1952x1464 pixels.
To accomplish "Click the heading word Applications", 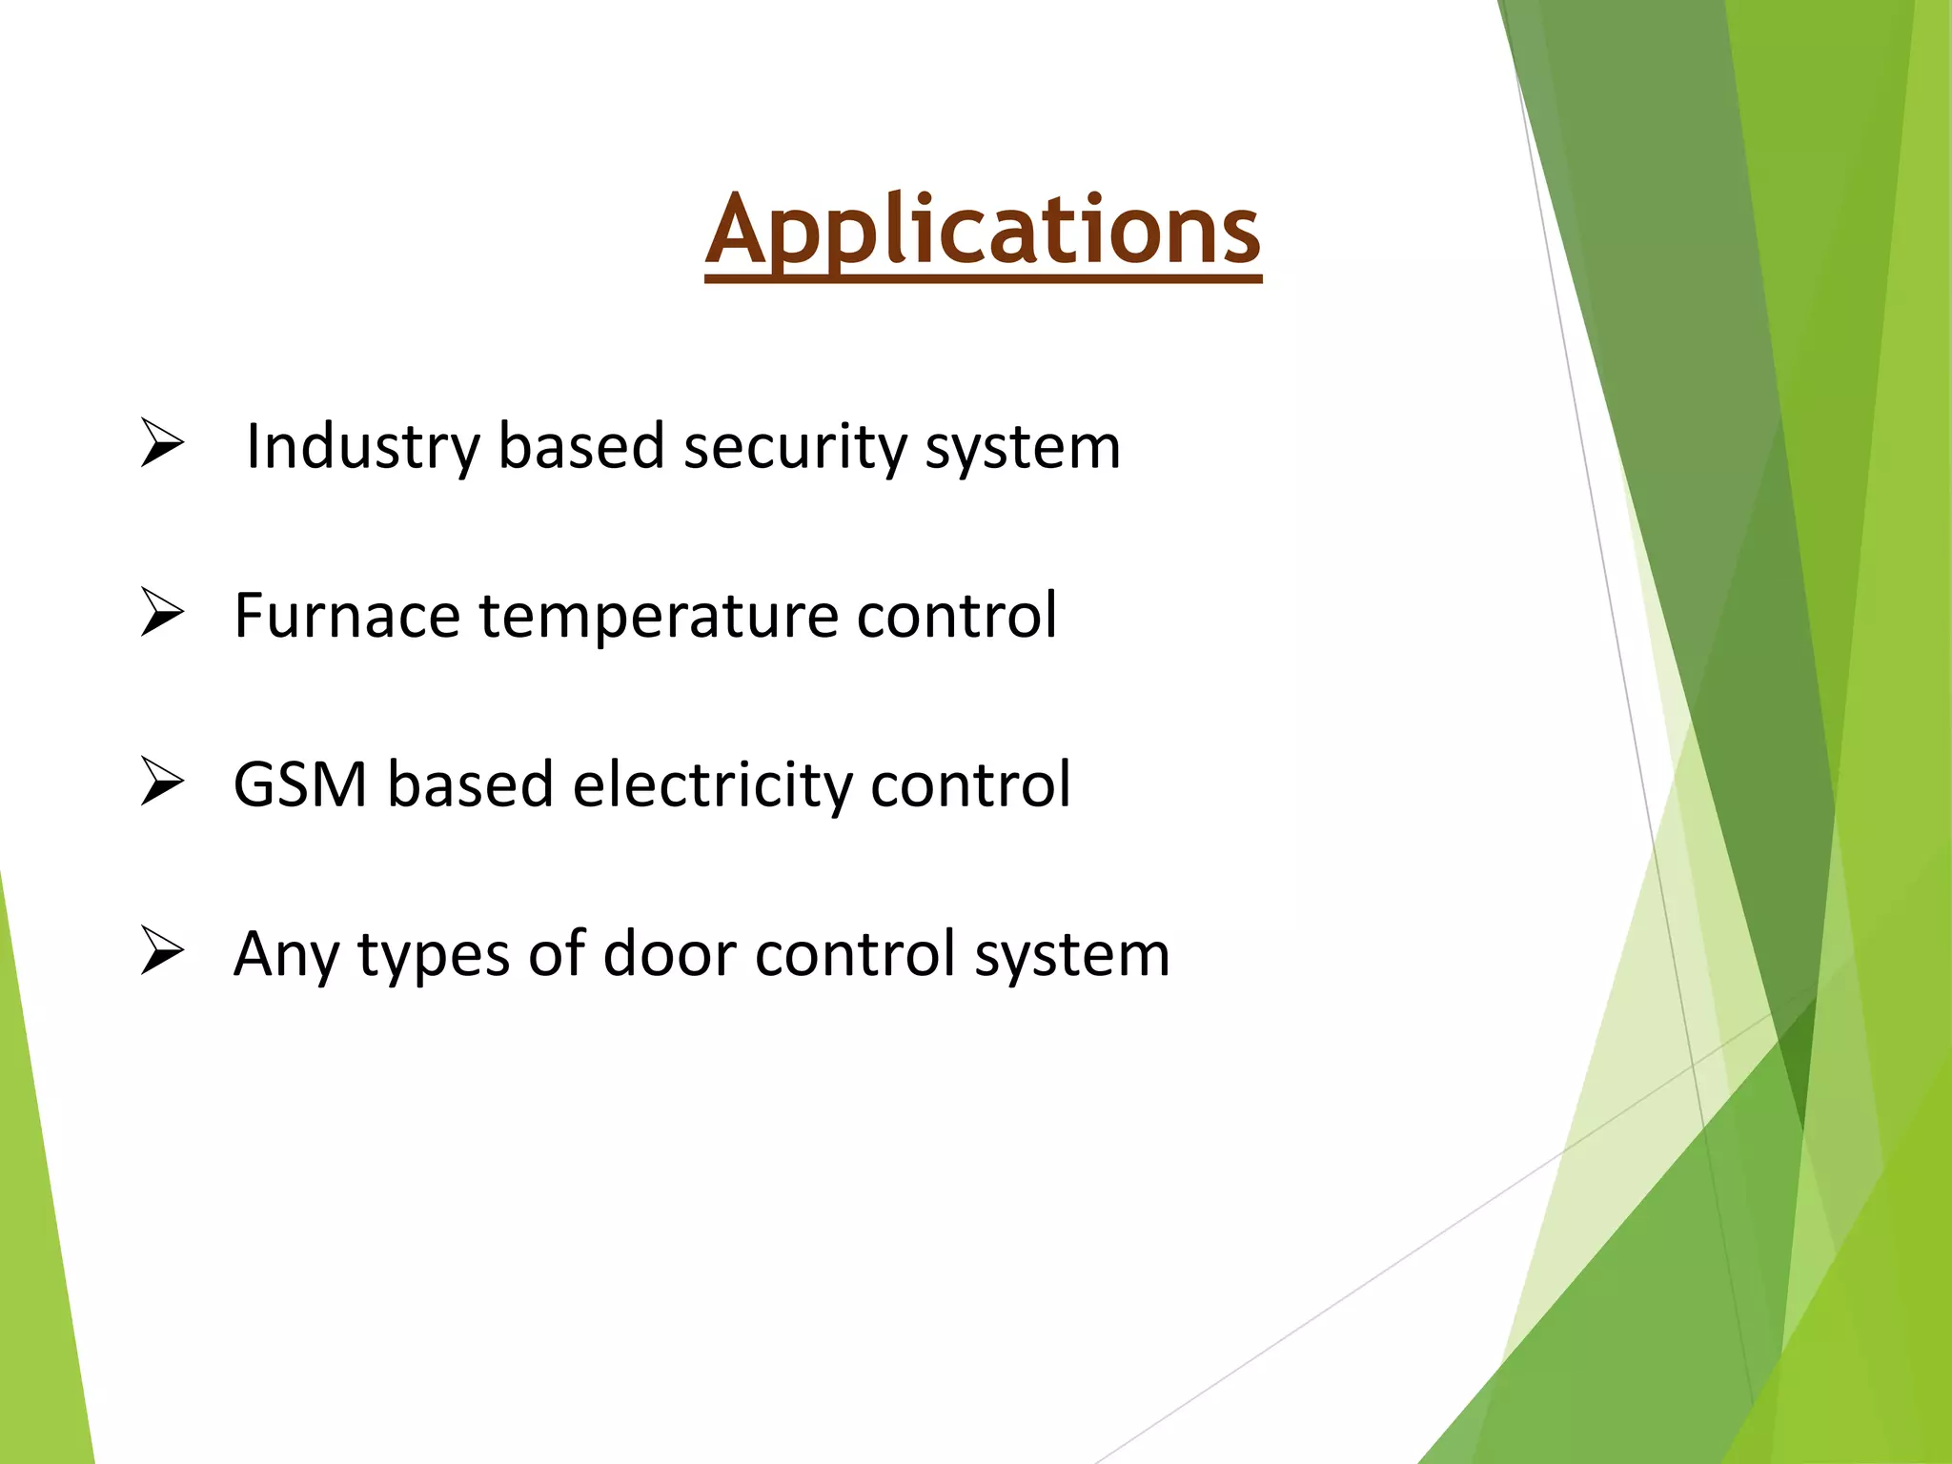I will (983, 232).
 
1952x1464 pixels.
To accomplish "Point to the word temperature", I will (658, 616).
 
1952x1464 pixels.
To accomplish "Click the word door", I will (670, 953).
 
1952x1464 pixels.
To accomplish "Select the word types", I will (434, 955).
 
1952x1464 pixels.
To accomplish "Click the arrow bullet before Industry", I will (162, 443).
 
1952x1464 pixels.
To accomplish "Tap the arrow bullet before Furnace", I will (162, 613).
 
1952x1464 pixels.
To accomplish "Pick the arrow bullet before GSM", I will (162, 783).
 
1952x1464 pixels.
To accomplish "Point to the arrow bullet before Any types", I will (162, 951).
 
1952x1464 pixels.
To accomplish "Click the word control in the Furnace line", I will (957, 616).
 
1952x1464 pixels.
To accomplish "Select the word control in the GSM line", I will (971, 784).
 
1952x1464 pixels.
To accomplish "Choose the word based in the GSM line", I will (470, 784).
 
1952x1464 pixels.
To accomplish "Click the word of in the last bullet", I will (557, 953).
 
